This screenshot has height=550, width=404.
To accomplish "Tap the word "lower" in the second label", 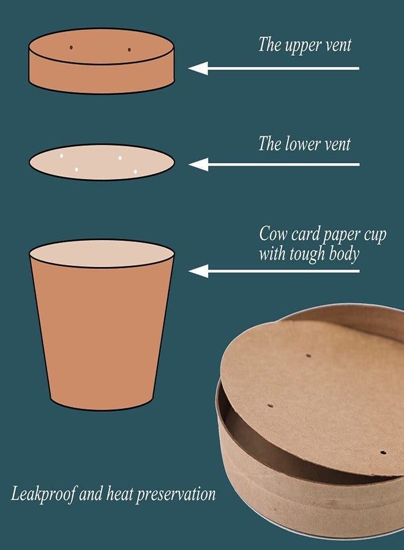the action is coord(302,144).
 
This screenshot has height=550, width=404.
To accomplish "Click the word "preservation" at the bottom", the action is coord(176,494).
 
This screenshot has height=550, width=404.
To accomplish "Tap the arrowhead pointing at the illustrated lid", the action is coord(198,68).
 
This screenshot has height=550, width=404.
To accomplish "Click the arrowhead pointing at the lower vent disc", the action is coord(198,164).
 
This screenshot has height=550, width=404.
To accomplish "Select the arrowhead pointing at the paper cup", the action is coord(198,271).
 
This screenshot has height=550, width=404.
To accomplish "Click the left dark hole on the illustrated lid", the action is coord(71,47).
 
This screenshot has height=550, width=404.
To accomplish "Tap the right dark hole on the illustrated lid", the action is coord(129,50).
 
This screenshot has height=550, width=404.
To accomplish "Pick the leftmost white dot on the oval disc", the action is coord(61,156).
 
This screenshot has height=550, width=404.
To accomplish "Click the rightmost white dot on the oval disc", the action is coord(135,172).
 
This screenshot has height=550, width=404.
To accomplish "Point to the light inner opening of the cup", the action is coord(102,253).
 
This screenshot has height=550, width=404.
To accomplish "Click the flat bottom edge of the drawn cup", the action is coord(102,408).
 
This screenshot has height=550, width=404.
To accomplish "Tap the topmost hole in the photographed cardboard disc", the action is coord(309,356).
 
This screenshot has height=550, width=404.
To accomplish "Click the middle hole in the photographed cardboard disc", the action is coord(271,406).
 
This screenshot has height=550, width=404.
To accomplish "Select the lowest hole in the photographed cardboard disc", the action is coord(383,452).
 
